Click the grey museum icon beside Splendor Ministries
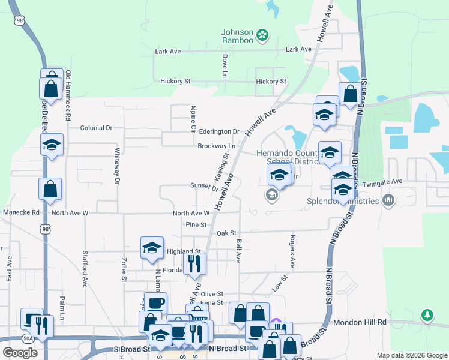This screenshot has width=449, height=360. pos(388,200)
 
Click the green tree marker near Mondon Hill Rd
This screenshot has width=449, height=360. pos(427,315)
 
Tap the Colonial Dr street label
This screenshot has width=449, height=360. pos(97,128)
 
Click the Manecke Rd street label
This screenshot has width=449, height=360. pos(21,212)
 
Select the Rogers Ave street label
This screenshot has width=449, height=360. pos(292,251)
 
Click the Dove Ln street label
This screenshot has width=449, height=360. pos(224,66)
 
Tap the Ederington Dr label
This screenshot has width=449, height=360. pos(219,131)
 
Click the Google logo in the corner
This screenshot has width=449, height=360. pos(20,352)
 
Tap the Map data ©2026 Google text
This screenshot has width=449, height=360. pos(411,355)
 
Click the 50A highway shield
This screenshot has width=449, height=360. pos(28,338)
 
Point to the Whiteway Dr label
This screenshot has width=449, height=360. pos(118,165)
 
